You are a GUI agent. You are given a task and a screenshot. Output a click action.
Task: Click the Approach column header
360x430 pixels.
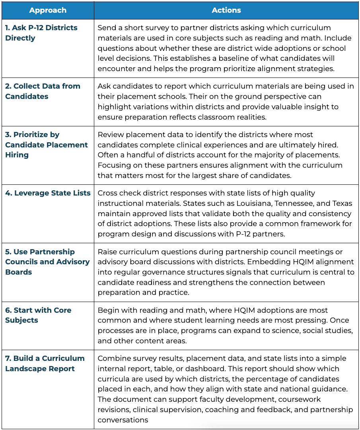(48, 10)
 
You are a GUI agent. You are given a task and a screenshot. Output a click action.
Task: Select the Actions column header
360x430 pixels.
(226, 10)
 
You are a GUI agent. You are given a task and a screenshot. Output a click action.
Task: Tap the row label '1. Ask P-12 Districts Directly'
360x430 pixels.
(41, 33)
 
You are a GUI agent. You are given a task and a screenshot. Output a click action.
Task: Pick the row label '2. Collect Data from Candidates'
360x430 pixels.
(43, 91)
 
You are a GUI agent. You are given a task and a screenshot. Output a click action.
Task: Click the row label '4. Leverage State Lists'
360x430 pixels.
(48, 193)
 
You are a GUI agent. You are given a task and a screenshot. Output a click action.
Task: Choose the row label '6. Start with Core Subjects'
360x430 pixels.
(38, 315)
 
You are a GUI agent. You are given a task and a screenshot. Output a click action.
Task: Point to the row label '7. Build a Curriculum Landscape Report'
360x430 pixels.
(45, 363)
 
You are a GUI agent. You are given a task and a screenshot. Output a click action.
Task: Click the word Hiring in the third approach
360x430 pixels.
(17, 155)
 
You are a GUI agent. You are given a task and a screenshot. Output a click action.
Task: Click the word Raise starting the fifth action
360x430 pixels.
(107, 252)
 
